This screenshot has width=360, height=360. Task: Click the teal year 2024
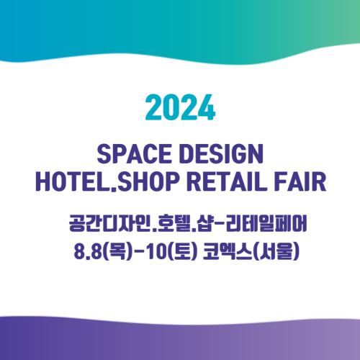pyautogui.click(x=180, y=107)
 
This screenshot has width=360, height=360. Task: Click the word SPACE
pyautogui.click(x=134, y=154)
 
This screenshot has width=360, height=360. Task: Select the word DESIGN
pyautogui.click(x=221, y=154)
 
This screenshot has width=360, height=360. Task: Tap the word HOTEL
pyautogui.click(x=73, y=181)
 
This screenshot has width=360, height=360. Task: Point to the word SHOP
pyautogui.click(x=148, y=181)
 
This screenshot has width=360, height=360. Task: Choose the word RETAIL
pyautogui.click(x=227, y=181)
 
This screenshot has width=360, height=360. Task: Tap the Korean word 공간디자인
pyautogui.click(x=109, y=223)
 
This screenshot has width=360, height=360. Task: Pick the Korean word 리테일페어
pyautogui.click(x=266, y=223)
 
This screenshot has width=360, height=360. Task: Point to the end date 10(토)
pyautogui.click(x=171, y=251)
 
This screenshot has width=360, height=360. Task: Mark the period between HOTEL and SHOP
pyautogui.click(x=114, y=189)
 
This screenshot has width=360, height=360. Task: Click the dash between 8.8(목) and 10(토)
pyautogui.click(x=139, y=252)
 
